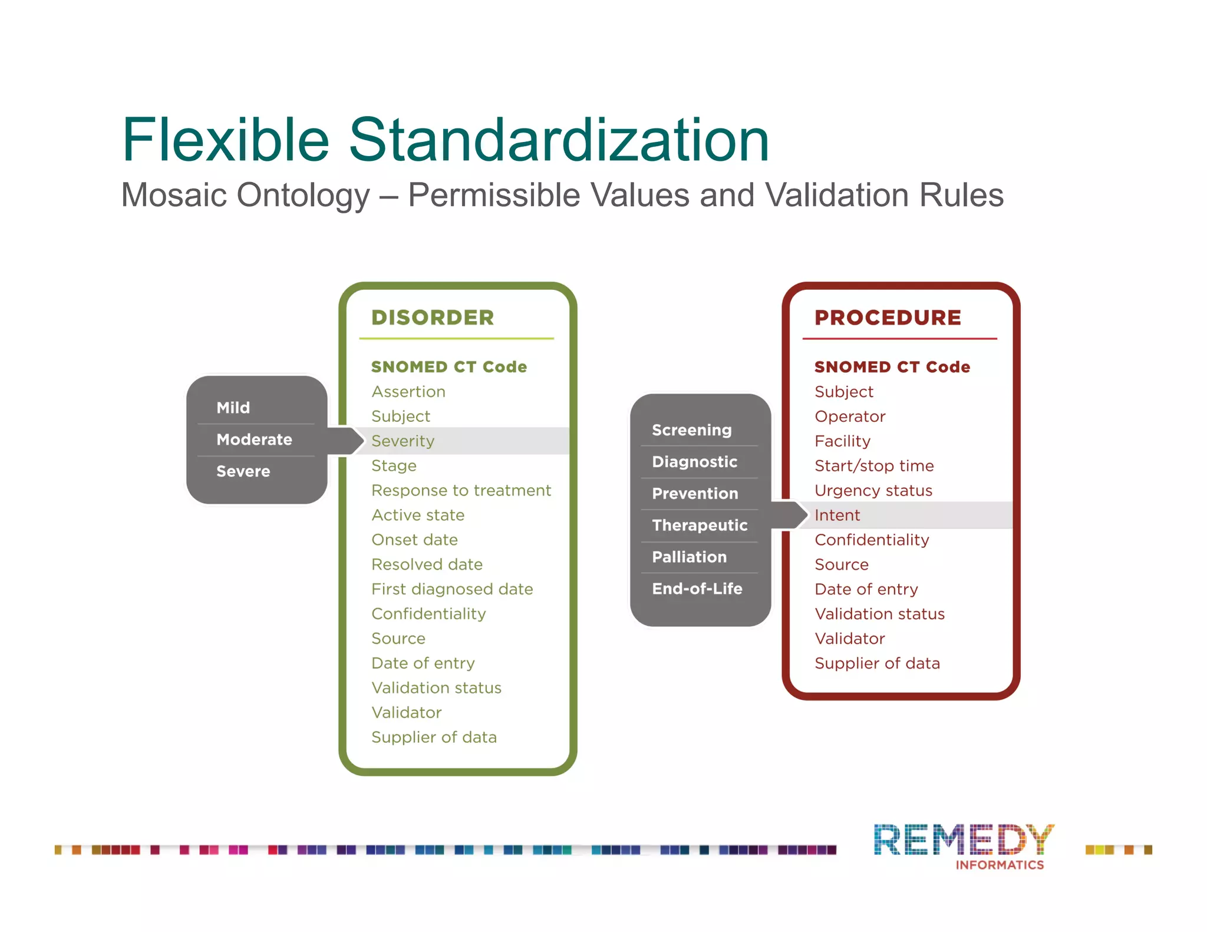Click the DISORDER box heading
433,318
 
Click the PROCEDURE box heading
888,318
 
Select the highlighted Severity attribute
403,441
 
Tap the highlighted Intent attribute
837,515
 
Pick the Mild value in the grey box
233,408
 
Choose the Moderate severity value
254,439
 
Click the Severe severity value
243,471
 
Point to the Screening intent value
692,430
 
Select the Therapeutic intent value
700,525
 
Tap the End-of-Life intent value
697,589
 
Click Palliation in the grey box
690,557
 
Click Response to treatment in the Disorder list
461,490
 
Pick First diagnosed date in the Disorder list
452,589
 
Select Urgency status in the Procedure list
873,490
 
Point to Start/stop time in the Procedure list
874,465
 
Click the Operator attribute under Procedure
850,417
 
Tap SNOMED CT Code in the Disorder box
449,366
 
